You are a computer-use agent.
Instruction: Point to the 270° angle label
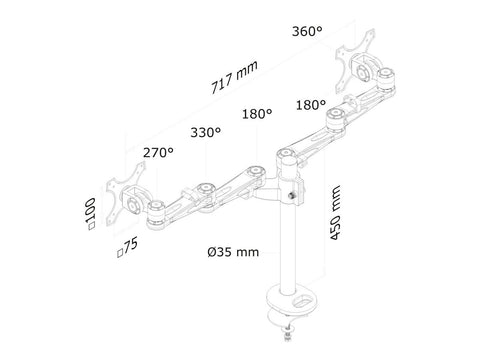point(157,153)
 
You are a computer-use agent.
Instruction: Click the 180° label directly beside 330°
point(258,114)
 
